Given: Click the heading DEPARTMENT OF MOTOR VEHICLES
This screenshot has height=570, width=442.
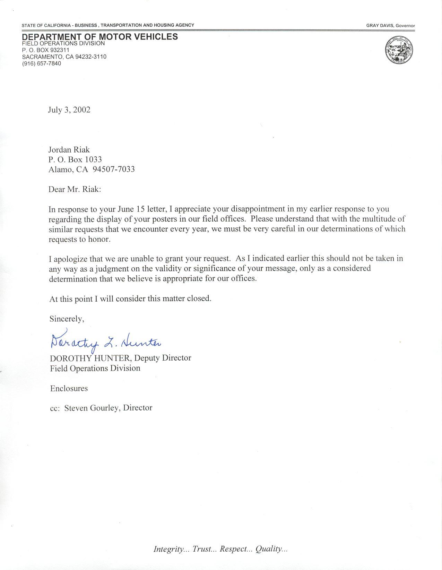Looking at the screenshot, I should click(100, 37).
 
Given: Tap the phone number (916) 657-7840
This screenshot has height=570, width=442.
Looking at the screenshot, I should click(42, 63).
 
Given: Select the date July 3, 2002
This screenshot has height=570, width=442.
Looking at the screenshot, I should click(69, 110).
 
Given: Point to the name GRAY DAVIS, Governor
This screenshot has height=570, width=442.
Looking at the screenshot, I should click(390, 26).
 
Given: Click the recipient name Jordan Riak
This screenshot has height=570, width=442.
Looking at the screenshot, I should click(69, 150).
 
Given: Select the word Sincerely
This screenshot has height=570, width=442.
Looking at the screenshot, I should click(66, 319).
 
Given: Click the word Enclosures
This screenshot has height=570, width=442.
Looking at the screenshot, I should click(69, 388).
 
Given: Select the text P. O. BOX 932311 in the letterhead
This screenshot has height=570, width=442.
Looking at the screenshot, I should click(46, 50).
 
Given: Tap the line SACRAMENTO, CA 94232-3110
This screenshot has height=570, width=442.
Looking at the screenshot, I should click(64, 57).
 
